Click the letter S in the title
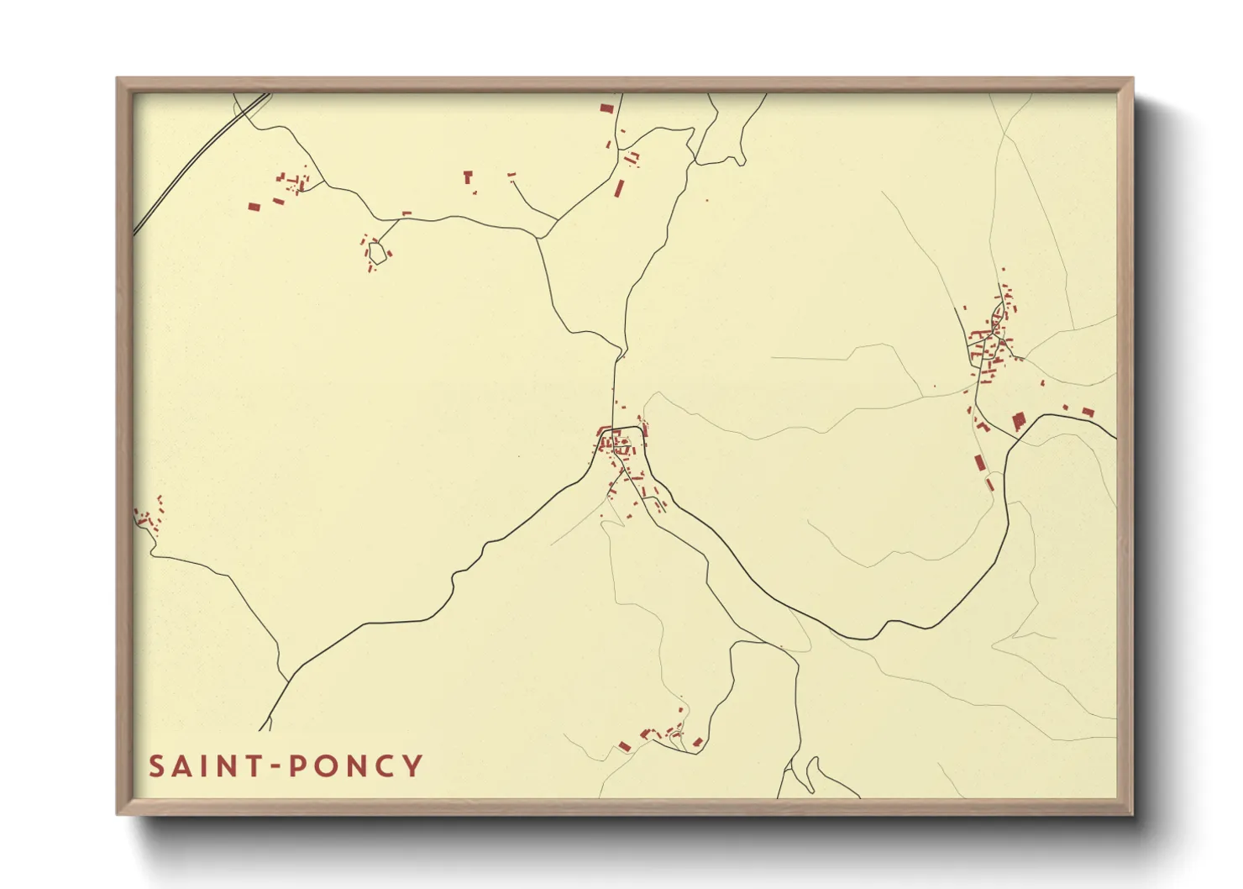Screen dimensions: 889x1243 point(156,766)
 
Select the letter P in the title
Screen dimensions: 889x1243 point(298,766)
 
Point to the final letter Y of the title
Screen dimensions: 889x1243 point(412,766)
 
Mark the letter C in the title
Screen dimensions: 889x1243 point(385,766)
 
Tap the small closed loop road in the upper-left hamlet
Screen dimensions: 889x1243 point(377,252)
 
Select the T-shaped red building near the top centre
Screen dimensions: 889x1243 point(469,176)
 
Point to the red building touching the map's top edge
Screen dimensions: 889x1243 point(606,108)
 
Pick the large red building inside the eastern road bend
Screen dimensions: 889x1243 point(1019,420)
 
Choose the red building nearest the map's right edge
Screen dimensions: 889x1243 point(1088,412)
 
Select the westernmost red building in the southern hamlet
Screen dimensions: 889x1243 point(624,745)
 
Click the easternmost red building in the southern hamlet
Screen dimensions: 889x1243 point(698,741)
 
